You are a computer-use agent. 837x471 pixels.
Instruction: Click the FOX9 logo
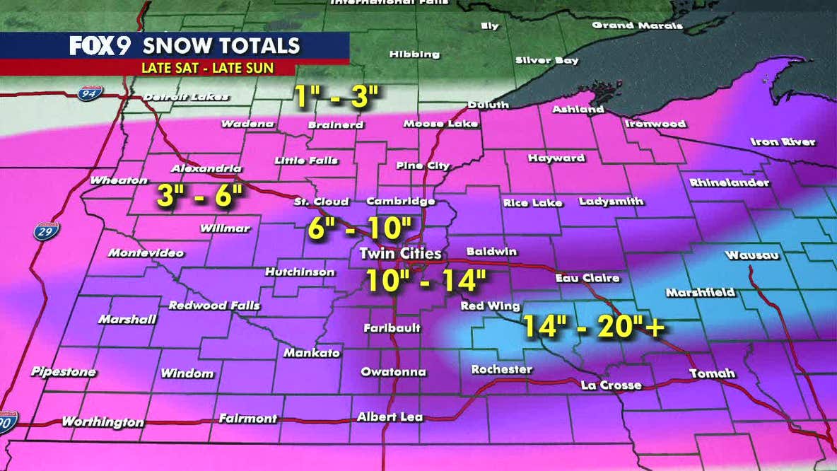pos(102,46)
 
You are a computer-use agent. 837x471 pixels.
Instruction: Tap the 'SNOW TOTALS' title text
pos(222,46)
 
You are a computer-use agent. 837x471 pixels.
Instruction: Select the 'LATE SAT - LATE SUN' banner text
pos(208,69)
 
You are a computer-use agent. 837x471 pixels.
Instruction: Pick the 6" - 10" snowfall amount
pos(360,228)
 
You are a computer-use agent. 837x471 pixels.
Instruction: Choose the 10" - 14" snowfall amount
pos(426,279)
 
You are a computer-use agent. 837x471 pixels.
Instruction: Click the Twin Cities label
pos(400,253)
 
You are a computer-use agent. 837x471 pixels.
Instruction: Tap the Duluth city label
pos(488,105)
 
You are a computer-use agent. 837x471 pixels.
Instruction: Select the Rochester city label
pos(501,369)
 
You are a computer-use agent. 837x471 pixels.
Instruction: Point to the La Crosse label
pos(611,385)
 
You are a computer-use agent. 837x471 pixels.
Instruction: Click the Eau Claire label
pos(587,278)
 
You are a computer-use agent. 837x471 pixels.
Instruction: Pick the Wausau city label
pos(751,255)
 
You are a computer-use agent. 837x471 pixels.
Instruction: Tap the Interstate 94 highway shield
pos(90,93)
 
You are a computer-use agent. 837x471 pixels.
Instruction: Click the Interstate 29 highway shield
pos(47,231)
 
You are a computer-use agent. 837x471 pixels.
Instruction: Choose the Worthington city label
pos(103,421)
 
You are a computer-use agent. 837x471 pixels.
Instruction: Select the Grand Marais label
pos(637,25)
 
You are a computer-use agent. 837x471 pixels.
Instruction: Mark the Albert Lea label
pos(390,417)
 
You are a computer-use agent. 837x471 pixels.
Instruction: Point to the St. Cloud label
pos(321,202)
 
